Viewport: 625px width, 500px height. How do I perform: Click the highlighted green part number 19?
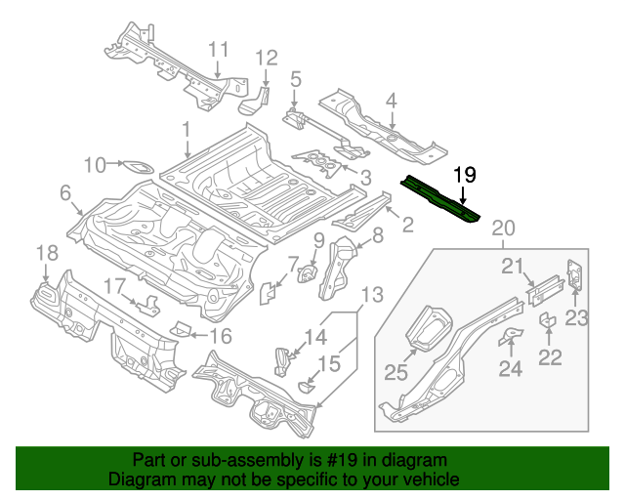(441, 199)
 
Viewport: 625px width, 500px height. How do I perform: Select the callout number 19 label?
(465, 175)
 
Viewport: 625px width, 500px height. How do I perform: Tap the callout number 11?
(217, 49)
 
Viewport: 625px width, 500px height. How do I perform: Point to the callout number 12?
(268, 59)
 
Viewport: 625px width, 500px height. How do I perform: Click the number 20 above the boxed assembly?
(502, 229)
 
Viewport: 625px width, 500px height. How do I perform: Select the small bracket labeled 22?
(548, 321)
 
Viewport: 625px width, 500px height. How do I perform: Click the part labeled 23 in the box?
(575, 274)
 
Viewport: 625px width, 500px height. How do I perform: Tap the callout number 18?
(47, 254)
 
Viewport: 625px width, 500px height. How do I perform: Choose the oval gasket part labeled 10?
(139, 166)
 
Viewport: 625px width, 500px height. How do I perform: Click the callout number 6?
(65, 193)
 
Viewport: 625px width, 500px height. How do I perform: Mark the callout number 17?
(114, 285)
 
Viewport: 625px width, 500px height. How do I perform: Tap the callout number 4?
(391, 100)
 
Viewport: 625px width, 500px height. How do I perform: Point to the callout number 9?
(318, 241)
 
